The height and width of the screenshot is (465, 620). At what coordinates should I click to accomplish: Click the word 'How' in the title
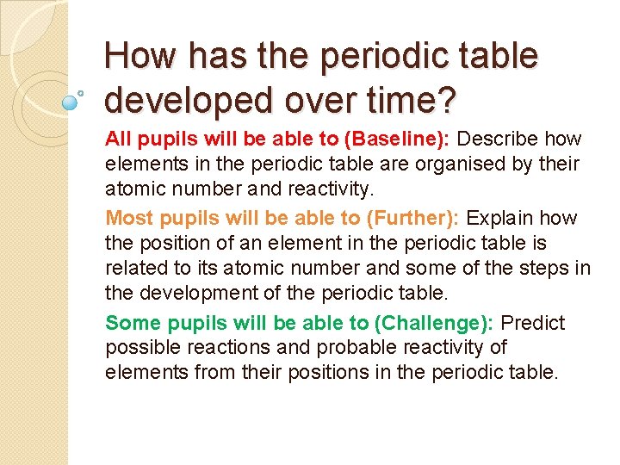pos(139,57)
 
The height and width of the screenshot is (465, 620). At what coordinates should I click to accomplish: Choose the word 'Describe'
pos(499,139)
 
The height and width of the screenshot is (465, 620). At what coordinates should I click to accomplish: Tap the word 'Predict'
pos(532,323)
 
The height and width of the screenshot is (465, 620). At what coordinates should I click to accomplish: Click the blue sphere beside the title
pos(70,102)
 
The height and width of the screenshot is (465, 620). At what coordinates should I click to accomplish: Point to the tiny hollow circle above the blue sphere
pos(81,91)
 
